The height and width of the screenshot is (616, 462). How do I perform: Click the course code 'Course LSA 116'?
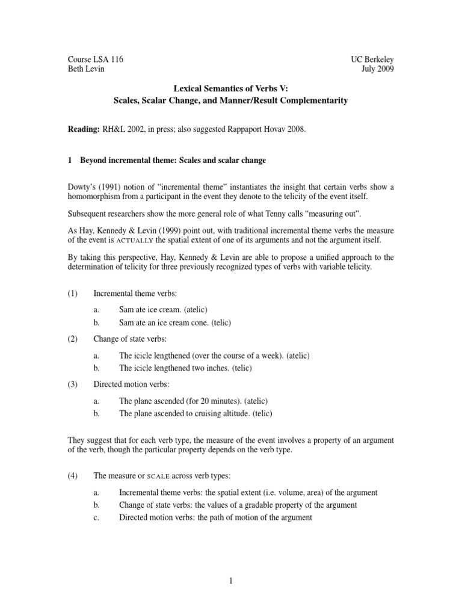98,59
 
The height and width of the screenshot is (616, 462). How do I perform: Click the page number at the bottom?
230,581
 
